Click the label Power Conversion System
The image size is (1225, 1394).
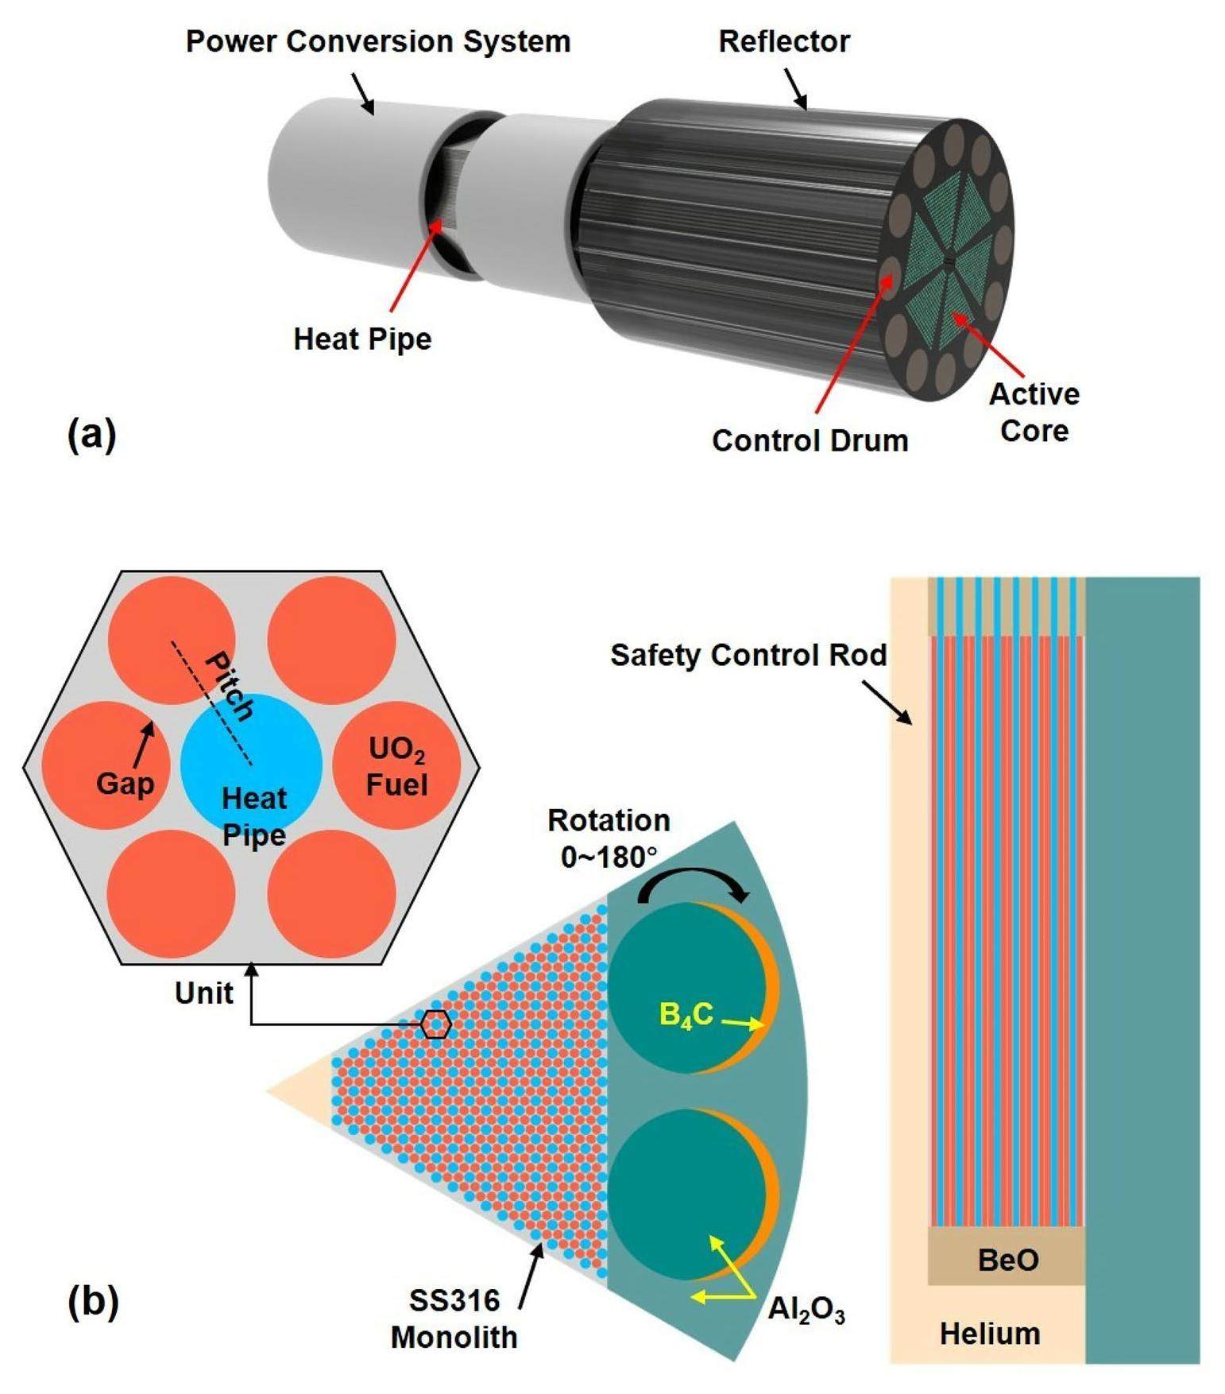pyautogui.click(x=378, y=41)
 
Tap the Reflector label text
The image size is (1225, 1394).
pyautogui.click(x=783, y=41)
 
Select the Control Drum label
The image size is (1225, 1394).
pyautogui.click(x=810, y=440)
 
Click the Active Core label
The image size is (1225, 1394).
pyautogui.click(x=1034, y=412)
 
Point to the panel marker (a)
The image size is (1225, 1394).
pyautogui.click(x=92, y=435)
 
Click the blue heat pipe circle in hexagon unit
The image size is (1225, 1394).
pyautogui.click(x=251, y=755)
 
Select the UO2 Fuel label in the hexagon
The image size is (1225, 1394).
pyautogui.click(x=396, y=767)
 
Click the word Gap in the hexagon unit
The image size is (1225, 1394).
pyautogui.click(x=125, y=784)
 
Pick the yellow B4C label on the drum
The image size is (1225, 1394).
pyautogui.click(x=686, y=1015)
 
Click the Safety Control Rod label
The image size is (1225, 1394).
pyautogui.click(x=748, y=655)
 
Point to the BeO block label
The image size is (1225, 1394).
pyautogui.click(x=1007, y=1260)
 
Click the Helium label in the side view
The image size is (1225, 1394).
pyautogui.click(x=990, y=1334)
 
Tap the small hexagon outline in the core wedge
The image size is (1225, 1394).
pyautogui.click(x=435, y=1024)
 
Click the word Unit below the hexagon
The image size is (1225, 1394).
pyautogui.click(x=204, y=993)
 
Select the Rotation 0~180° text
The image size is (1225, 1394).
pyautogui.click(x=609, y=838)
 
